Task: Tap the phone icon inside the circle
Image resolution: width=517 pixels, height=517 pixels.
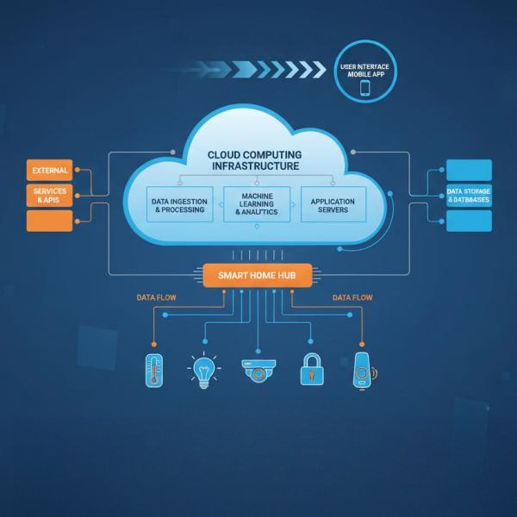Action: click(x=365, y=87)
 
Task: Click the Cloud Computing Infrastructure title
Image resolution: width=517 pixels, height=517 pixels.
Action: click(x=254, y=159)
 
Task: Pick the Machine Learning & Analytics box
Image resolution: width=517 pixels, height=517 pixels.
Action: click(x=257, y=204)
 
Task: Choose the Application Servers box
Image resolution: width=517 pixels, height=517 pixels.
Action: click(x=333, y=204)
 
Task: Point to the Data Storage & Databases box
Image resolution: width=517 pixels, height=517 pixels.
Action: click(x=469, y=196)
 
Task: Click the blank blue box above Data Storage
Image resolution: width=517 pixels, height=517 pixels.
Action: click(x=469, y=170)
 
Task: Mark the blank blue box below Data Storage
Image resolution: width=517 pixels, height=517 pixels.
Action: click(x=469, y=221)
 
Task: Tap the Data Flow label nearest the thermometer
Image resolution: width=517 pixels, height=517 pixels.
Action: click(x=158, y=298)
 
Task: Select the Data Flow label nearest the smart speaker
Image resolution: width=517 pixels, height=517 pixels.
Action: click(x=352, y=298)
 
